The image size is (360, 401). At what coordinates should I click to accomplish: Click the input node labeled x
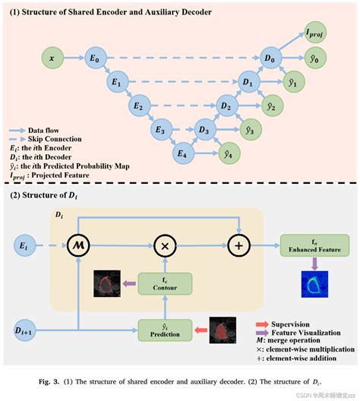point(51,57)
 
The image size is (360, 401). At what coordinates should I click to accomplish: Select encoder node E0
point(93,57)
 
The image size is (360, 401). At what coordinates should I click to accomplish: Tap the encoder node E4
point(182,156)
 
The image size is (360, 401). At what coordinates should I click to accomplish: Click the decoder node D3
point(204,130)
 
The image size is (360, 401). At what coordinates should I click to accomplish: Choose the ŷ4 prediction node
point(226,156)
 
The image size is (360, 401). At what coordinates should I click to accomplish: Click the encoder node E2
point(137,106)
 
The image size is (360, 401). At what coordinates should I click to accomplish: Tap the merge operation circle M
point(79,245)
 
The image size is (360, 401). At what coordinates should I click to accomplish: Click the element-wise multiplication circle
point(164,245)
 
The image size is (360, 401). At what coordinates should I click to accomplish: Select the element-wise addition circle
point(238,245)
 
